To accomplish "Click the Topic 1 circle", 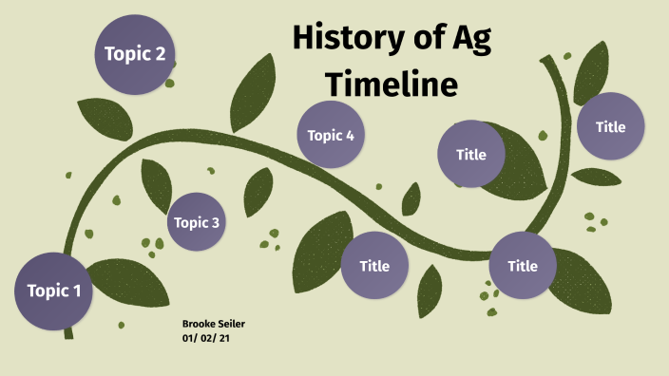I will [x=54, y=291].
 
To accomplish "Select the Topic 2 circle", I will [x=135, y=54].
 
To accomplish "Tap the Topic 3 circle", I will [x=197, y=223].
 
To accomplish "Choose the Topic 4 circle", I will [x=331, y=135].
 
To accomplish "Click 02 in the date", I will [x=209, y=338].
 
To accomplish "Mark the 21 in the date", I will [x=225, y=338].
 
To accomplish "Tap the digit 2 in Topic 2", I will [x=160, y=54].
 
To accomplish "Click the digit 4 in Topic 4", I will [x=350, y=135].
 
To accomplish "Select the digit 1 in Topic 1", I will [x=77, y=291].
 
